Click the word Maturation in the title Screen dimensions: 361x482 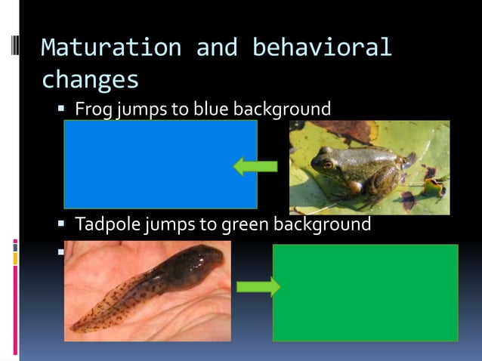coord(111,48)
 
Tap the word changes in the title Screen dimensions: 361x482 coord(90,79)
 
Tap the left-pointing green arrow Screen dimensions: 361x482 coord(255,165)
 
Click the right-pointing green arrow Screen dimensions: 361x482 coord(258,287)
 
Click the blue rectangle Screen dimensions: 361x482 coord(160,164)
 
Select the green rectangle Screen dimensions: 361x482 coord(365,292)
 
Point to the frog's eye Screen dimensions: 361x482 coord(327,162)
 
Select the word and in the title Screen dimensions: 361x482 coord(216,48)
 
